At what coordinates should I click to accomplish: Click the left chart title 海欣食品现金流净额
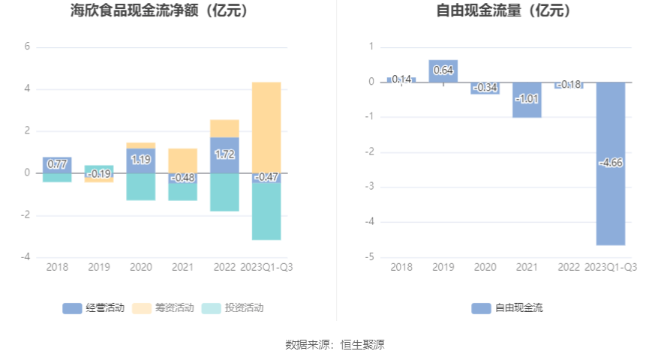158,11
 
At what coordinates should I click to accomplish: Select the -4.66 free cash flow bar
611,195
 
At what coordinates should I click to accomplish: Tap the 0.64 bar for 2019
443,70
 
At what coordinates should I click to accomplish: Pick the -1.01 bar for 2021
527,100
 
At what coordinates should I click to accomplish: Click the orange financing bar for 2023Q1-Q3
266,127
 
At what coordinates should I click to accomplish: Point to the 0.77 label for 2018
57,164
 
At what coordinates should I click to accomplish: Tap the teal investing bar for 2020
141,187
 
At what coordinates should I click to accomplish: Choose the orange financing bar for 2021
183,160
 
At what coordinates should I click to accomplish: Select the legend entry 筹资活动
163,307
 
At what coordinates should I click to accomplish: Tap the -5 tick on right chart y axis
371,257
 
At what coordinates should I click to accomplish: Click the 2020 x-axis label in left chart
141,267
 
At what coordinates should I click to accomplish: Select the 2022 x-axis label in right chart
569,267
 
